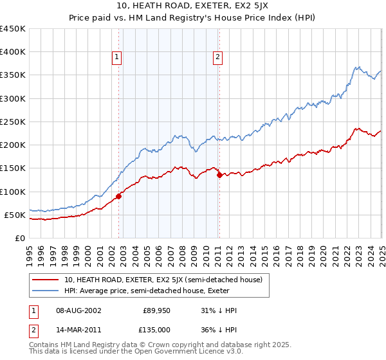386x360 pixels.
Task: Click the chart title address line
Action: pos(193,5)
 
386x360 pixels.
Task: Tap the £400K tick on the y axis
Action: pos(13,52)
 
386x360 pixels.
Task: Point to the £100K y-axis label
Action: pos(13,192)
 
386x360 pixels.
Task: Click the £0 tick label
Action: pos(19,238)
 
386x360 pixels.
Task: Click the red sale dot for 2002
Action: pos(118,196)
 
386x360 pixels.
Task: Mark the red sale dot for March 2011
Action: pos(219,175)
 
